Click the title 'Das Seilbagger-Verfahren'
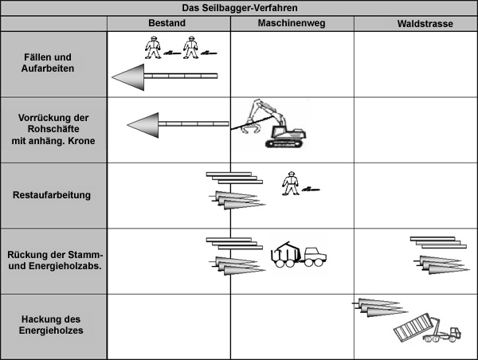click(x=238, y=7)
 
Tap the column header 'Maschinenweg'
click(x=291, y=24)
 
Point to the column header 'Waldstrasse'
click(x=425, y=24)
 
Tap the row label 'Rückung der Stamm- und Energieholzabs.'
click(x=54, y=260)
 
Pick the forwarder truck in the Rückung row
click(x=298, y=256)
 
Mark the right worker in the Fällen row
click(x=190, y=48)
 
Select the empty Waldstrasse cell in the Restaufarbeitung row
click(x=415, y=195)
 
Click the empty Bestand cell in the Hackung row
click(x=168, y=326)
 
